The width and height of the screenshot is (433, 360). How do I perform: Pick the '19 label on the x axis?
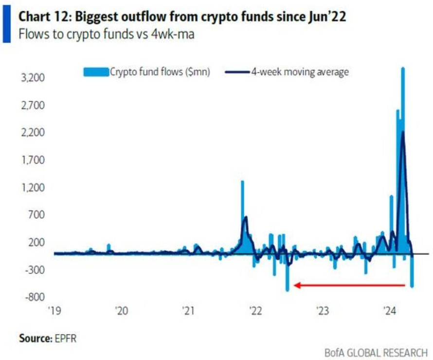[54, 310]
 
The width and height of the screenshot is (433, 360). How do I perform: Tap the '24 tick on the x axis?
[390, 310]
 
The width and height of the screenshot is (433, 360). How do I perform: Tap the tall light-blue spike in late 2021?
[242, 185]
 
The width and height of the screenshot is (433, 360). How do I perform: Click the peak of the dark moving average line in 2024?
[403, 132]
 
